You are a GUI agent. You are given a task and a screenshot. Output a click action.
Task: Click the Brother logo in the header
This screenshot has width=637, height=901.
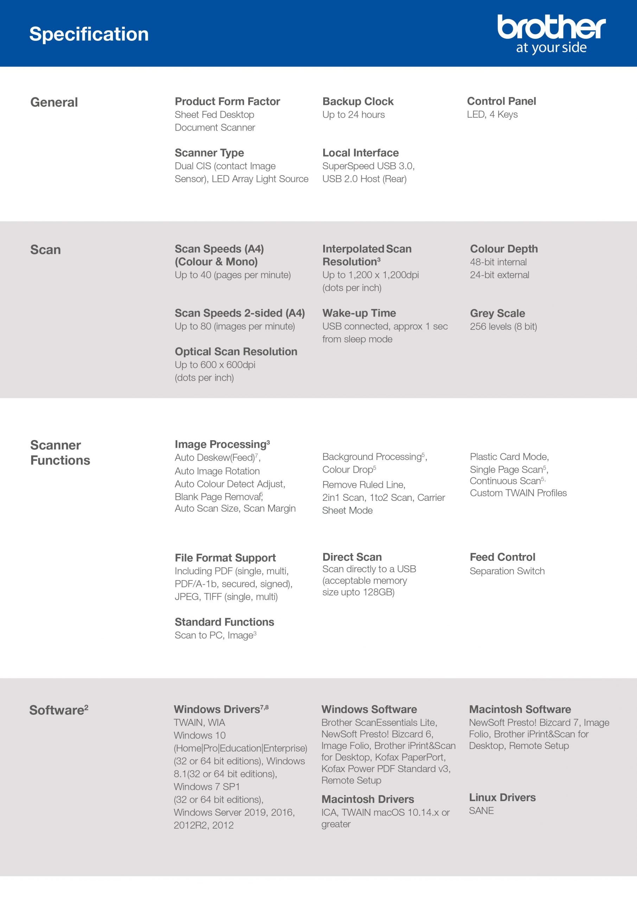(x=551, y=33)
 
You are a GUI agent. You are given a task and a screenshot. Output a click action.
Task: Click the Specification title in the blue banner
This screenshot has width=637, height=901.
(x=89, y=34)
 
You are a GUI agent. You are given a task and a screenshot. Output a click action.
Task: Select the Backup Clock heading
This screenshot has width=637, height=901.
(x=358, y=101)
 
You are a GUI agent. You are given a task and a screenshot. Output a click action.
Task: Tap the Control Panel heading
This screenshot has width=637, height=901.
(x=501, y=101)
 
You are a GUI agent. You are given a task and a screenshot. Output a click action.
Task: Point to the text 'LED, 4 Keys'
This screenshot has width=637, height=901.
(x=492, y=115)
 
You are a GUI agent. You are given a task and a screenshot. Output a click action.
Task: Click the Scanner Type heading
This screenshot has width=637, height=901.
(x=209, y=153)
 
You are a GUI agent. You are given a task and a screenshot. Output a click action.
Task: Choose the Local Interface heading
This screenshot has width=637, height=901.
(x=361, y=153)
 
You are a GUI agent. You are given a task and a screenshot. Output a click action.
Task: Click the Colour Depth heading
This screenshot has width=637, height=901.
(x=504, y=249)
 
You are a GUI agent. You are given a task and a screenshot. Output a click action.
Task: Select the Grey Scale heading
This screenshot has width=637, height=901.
(x=497, y=313)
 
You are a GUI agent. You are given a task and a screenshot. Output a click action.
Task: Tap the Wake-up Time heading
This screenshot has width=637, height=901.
(x=359, y=313)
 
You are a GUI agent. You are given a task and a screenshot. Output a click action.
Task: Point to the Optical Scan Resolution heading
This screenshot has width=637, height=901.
(x=236, y=352)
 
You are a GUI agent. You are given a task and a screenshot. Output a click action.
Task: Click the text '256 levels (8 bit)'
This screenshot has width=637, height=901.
(x=503, y=327)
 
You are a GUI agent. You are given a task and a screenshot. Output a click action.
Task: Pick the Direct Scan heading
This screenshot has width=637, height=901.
(x=352, y=557)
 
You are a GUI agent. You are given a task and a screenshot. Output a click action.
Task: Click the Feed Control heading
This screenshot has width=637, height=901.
(x=503, y=557)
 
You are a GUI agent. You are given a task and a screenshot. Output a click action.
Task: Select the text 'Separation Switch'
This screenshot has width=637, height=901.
(x=507, y=571)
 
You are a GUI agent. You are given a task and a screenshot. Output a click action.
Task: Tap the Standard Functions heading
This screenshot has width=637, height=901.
(x=224, y=622)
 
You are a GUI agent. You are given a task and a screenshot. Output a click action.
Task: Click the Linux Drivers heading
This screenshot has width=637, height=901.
(x=502, y=798)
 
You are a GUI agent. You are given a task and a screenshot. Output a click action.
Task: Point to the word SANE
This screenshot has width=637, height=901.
(x=481, y=811)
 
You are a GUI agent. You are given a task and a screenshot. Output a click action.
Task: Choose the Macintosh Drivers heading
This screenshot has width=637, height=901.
(x=368, y=799)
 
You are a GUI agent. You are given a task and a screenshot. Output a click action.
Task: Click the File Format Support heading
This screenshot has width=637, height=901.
(x=225, y=557)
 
